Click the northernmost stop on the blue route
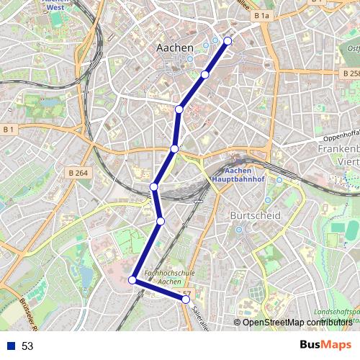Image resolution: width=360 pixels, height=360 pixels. coord(228,41)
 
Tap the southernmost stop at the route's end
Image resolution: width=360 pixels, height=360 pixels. coord(186,299)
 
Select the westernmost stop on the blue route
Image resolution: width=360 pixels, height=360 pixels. coord(132,279)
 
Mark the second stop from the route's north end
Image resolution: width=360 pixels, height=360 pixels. coord(205,74)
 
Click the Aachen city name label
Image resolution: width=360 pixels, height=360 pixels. coord(175,48)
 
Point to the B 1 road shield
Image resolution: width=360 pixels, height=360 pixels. coord(9,129)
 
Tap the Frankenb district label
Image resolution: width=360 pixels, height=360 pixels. coord(338,150)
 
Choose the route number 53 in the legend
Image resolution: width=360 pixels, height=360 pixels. coord(27,346)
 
